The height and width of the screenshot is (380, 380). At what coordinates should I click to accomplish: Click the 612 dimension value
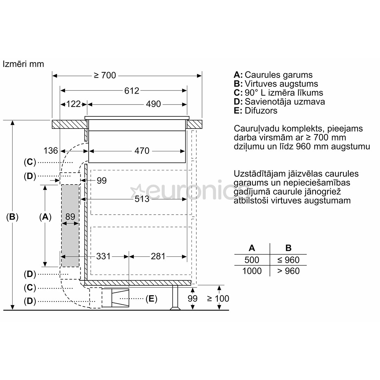pyautogui.click(x=132, y=91)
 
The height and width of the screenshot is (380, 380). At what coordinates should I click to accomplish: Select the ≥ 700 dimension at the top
pyautogui.click(x=105, y=75)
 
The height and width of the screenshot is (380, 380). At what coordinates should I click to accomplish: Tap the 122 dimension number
pyautogui.click(x=74, y=104)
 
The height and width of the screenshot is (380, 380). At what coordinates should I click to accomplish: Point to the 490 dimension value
pyautogui.click(x=153, y=104)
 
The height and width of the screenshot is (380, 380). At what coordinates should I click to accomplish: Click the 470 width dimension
pyautogui.click(x=142, y=151)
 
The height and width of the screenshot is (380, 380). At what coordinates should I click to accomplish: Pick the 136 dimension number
pyautogui.click(x=51, y=151)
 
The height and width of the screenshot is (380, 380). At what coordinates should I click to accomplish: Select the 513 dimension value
pyautogui.click(x=142, y=199)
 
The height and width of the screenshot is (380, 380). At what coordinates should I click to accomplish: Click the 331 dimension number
pyautogui.click(x=103, y=256)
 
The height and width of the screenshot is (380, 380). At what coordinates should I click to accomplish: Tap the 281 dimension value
pyautogui.click(x=158, y=256)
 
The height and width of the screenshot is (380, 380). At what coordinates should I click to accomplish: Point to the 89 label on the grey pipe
pyautogui.click(x=70, y=217)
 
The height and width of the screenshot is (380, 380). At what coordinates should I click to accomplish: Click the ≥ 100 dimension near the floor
pyautogui.click(x=218, y=299)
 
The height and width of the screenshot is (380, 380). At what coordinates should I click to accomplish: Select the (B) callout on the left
pyautogui.click(x=12, y=217)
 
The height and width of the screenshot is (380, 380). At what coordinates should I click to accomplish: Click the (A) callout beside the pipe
pyautogui.click(x=45, y=217)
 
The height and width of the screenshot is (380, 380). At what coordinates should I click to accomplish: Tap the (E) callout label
pyautogui.click(x=151, y=299)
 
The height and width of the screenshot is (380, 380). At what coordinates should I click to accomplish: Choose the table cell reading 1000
pyautogui.click(x=252, y=271)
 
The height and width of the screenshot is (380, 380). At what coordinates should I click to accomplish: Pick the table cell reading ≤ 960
pyautogui.click(x=289, y=260)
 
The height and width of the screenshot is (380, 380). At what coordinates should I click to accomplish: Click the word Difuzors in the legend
pyautogui.click(x=261, y=111)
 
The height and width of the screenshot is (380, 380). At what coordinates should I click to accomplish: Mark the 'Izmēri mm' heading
pyautogui.click(x=23, y=64)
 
